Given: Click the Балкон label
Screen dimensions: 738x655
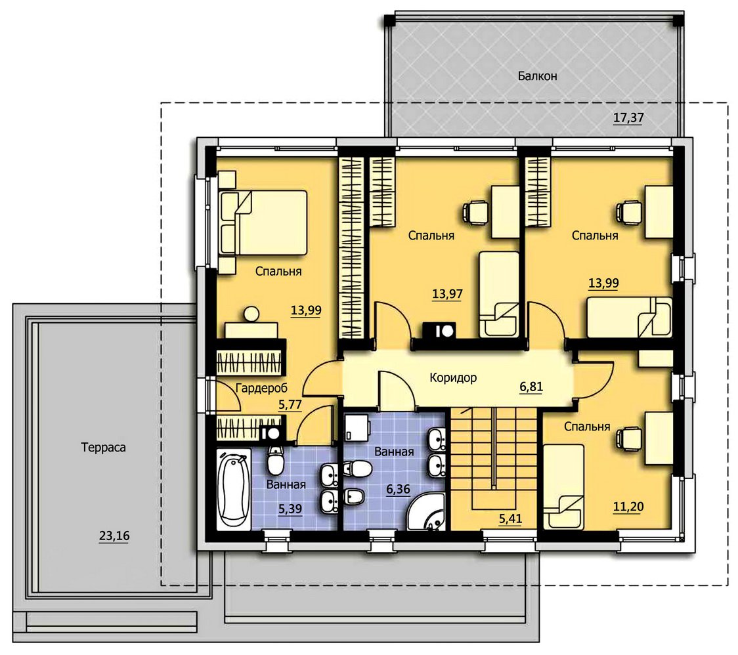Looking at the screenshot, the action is point(538,75).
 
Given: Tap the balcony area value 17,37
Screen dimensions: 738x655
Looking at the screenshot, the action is point(628,117).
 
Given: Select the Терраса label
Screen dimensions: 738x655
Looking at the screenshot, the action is point(104,447).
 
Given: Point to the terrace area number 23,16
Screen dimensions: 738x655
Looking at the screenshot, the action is point(114,536).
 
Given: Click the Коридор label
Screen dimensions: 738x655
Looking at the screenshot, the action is point(453,377).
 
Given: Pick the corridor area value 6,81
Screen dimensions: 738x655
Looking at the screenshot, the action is point(531,387).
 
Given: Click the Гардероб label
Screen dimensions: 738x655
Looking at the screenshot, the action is point(261,388).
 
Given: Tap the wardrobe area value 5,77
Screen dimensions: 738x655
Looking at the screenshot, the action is point(290,405).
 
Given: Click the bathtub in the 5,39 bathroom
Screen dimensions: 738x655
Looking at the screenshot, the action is point(234,489).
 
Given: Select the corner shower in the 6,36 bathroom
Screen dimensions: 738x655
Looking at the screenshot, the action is point(426,512).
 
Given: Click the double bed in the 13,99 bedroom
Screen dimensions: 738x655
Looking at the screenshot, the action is point(263,223).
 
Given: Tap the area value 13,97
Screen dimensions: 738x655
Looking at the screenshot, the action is point(447,294).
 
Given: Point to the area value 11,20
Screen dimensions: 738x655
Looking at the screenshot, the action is point(628,507).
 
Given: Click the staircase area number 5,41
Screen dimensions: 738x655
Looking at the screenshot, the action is point(511,519).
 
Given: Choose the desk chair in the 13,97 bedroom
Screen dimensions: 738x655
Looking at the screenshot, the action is point(475,212).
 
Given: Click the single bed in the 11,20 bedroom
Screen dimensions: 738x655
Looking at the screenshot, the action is point(564,487).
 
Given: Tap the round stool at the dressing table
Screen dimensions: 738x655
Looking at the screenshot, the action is point(251,314).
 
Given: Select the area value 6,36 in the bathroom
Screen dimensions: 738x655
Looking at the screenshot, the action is point(398,490).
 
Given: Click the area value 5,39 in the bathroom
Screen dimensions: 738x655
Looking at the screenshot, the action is point(290,509).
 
